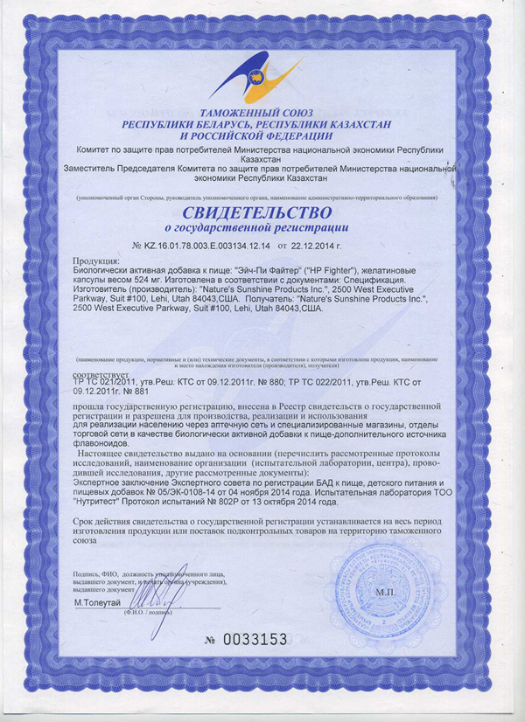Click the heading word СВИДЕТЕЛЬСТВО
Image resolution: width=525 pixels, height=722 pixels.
point(257,213)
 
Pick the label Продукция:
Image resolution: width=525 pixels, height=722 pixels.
point(96,261)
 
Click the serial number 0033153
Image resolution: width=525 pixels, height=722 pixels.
point(254,640)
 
